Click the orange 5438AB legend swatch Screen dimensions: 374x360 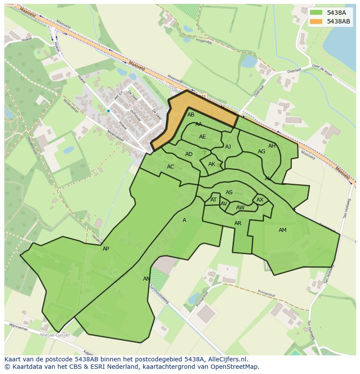316,21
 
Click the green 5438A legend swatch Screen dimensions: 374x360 316,13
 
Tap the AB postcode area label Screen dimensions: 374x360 191,115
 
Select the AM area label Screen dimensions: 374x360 283,230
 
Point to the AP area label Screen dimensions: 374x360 106,249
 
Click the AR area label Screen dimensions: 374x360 238,223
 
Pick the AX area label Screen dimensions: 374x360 260,200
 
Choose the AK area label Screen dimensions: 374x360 212,164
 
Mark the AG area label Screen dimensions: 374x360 261,152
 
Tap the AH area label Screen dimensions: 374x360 272,146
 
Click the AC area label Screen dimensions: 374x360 170,167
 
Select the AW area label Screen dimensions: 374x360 240,208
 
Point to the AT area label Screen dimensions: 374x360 213,200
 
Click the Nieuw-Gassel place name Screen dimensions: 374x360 55,335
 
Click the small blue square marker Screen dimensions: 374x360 108,111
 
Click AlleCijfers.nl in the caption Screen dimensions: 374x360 222,359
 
